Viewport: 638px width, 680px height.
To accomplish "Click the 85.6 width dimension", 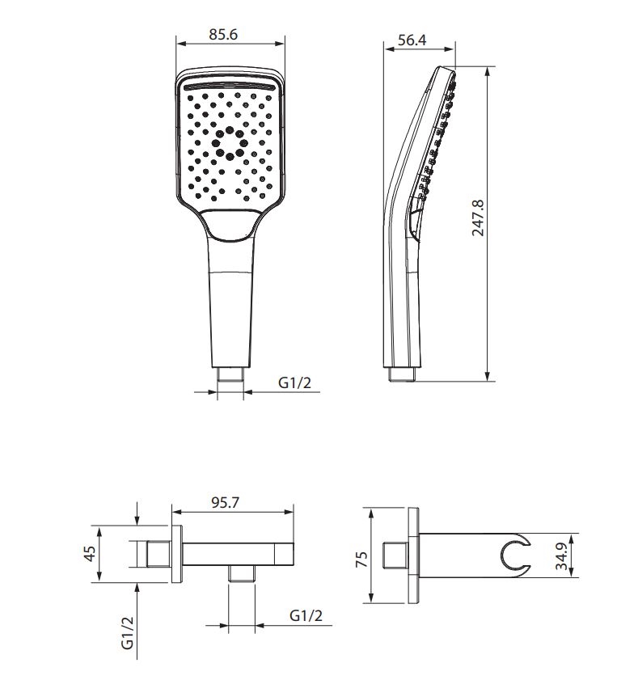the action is tap(223, 34).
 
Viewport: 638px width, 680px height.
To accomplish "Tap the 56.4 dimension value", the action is tap(412, 40).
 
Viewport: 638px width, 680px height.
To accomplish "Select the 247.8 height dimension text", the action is tap(478, 218).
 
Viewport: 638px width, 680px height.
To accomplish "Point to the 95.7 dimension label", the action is tap(225, 502).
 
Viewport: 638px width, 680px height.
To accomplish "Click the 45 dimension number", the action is tap(89, 553).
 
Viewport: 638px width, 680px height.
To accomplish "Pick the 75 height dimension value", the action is tap(361, 559).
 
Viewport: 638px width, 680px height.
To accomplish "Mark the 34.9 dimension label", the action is tap(562, 556).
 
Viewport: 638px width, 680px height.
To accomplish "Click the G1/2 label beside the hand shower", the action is tap(294, 382).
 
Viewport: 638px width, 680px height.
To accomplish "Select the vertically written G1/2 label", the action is tap(128, 633).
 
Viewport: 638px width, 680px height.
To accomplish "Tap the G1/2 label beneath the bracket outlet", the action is tap(306, 615).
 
